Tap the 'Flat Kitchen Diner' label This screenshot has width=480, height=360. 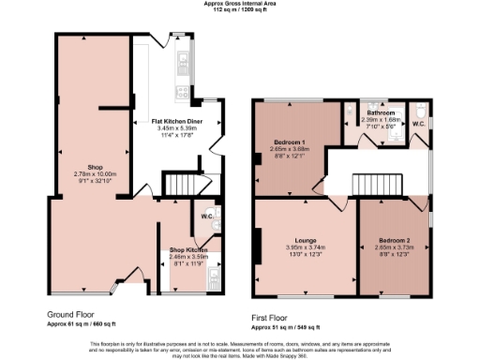[176, 121]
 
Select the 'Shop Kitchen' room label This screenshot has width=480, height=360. [188, 249]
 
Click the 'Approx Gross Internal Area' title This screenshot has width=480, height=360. [239, 4]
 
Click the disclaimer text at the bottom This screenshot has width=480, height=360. [239, 348]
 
